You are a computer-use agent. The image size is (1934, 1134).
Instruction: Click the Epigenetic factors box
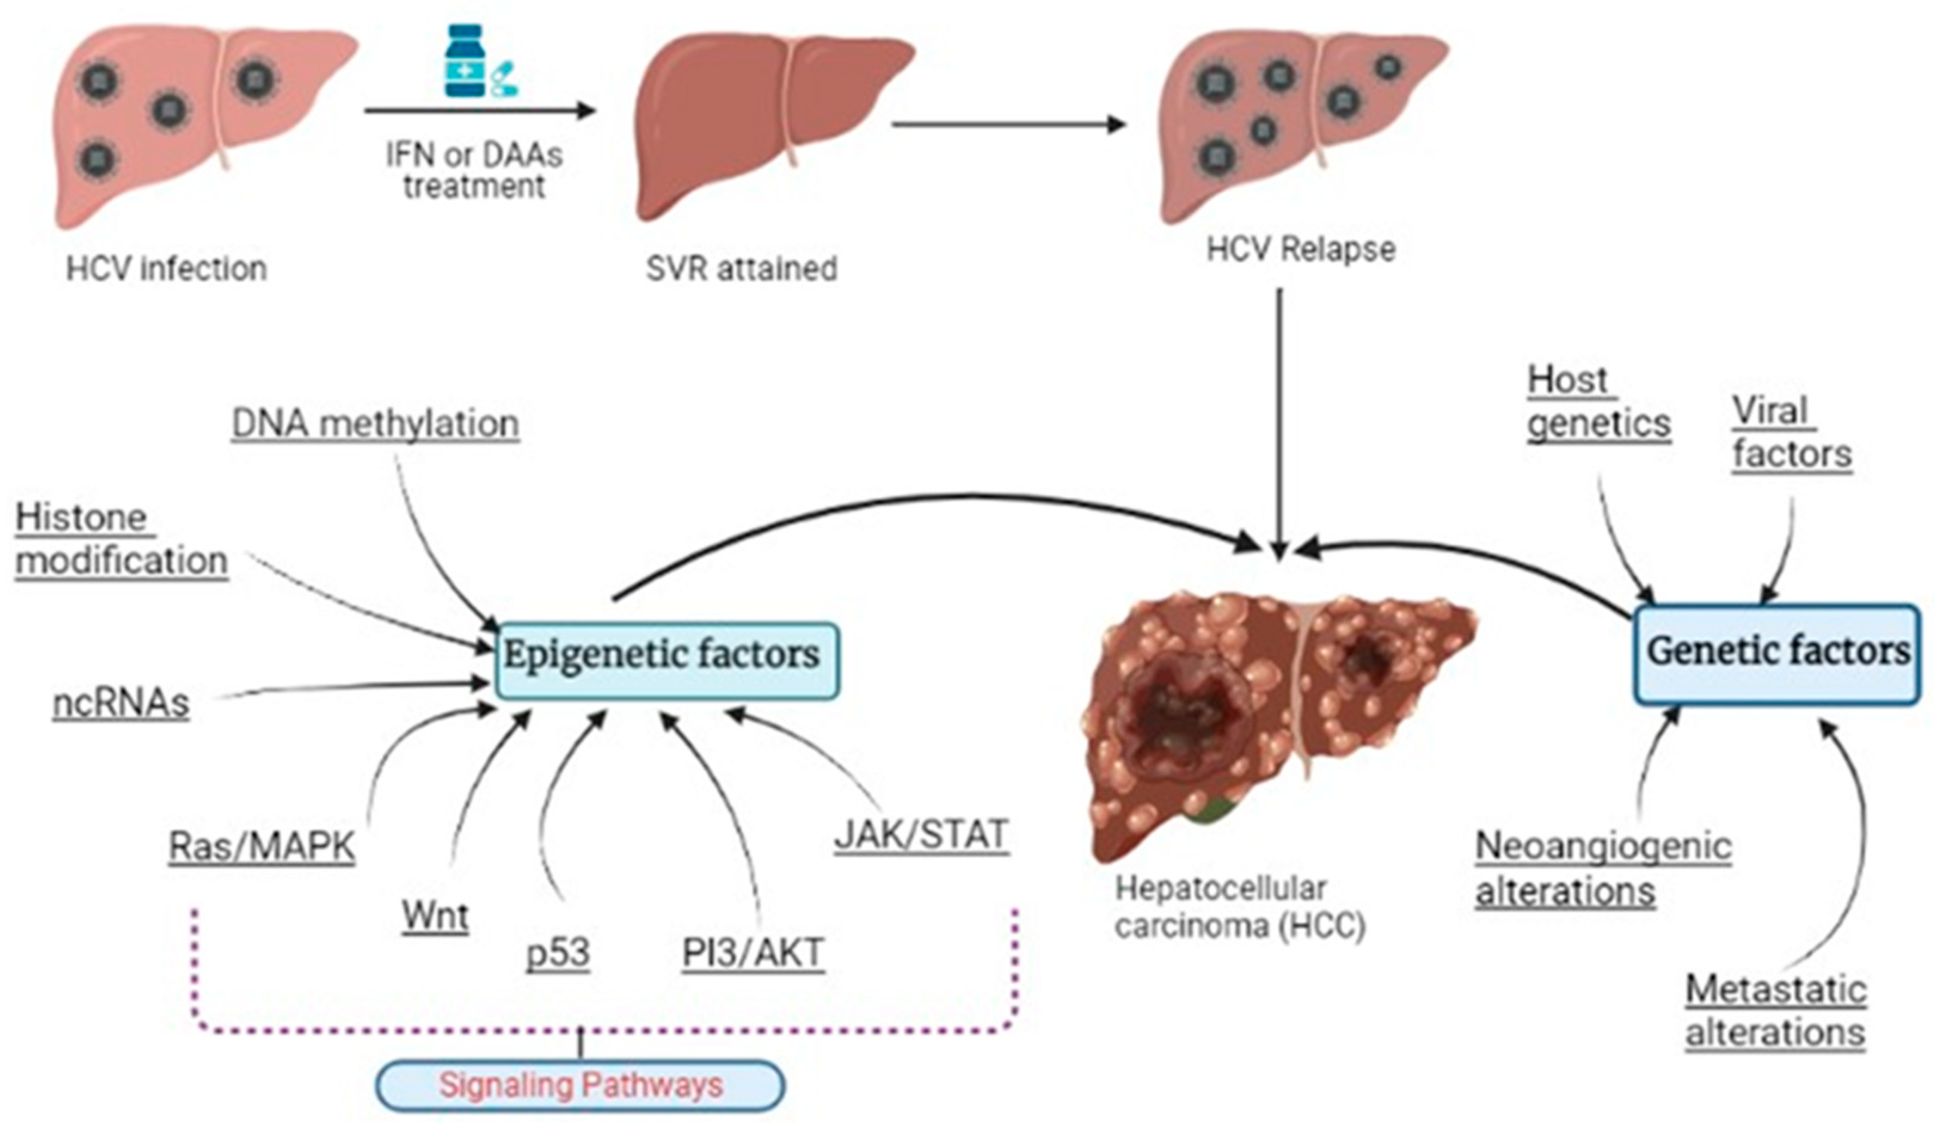(x=666, y=660)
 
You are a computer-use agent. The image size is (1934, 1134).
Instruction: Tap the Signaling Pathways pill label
(x=580, y=1085)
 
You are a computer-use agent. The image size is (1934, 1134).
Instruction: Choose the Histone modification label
(x=121, y=539)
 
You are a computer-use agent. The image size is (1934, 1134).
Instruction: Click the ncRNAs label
(x=121, y=703)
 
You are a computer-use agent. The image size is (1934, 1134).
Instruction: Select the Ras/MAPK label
(x=262, y=847)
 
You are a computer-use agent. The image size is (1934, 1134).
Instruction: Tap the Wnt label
(x=435, y=915)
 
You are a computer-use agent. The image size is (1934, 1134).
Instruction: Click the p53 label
(x=558, y=953)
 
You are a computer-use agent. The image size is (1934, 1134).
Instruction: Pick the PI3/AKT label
(x=753, y=953)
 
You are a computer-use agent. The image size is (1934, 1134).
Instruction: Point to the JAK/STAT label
(x=921, y=835)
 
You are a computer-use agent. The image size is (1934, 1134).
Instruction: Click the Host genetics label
(x=1598, y=402)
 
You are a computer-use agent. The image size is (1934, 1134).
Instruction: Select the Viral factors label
(x=1791, y=433)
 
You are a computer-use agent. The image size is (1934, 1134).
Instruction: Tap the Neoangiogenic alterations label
(x=1603, y=869)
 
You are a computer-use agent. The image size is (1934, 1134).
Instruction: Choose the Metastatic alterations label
(x=1775, y=1011)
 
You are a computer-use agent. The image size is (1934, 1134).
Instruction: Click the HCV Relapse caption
(x=1300, y=250)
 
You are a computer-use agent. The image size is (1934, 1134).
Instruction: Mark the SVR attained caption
(x=741, y=269)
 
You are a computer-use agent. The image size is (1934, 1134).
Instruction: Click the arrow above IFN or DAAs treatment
(x=479, y=110)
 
